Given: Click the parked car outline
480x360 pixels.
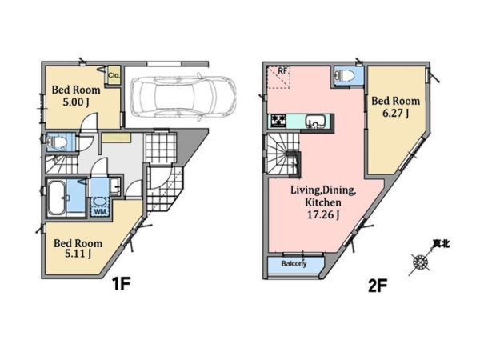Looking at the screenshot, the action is [183, 97].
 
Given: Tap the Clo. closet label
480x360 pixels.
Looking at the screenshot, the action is [114, 75].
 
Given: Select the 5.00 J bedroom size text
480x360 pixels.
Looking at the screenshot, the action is [76, 102].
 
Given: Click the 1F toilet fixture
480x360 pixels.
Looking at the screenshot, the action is [58, 142].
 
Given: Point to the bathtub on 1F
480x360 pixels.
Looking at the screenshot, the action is [56, 198].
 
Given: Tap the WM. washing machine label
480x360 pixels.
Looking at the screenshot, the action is [100, 211].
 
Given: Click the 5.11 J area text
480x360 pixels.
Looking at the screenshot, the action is [78, 254].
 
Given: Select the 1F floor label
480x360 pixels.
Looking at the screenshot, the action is [122, 284].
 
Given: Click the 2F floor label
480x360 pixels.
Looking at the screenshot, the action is [378, 286].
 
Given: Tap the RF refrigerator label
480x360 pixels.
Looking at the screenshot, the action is [282, 71].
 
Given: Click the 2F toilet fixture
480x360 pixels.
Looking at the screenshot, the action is [346, 75].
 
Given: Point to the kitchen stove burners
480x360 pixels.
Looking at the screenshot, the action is [278, 121].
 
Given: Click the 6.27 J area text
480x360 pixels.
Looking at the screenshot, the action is [395, 114].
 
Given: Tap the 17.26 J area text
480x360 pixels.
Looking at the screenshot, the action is [323, 215].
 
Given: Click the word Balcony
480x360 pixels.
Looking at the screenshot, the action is [294, 263].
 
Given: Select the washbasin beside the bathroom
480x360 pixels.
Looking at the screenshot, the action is [114, 186].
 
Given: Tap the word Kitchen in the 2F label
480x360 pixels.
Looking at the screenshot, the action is [322, 202].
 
